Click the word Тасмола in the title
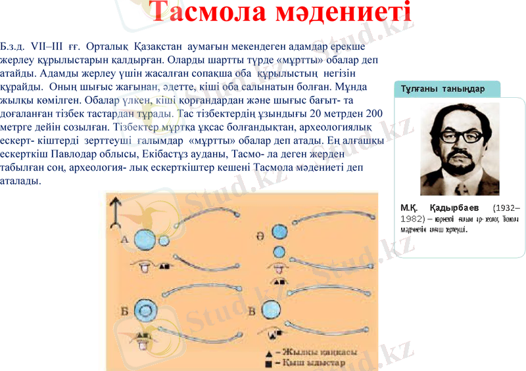coord(210,14)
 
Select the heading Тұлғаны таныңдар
coord(442,89)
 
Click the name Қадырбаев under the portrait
coord(455,207)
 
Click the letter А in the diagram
coord(124,240)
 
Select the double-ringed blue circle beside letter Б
coord(145,311)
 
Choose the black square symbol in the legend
coord(269,362)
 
